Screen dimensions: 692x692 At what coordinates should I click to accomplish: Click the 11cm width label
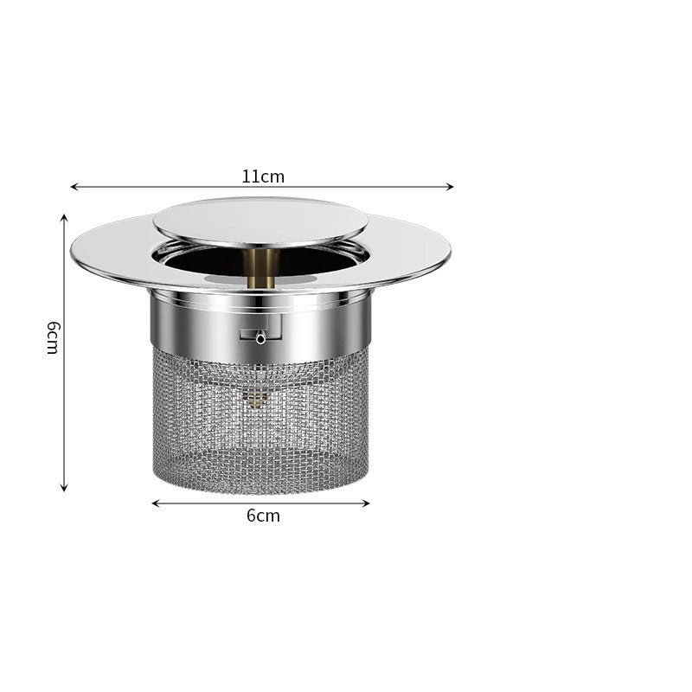(263, 176)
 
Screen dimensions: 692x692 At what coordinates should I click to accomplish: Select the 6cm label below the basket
(263, 516)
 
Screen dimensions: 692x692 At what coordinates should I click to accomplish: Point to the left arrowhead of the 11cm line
(74, 187)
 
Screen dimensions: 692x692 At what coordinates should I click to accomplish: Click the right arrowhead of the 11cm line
(450, 187)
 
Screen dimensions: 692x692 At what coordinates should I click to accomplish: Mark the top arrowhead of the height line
(64, 218)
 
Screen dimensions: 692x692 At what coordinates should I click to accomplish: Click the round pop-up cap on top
(259, 220)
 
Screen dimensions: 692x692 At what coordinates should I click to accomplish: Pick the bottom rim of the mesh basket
(259, 484)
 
